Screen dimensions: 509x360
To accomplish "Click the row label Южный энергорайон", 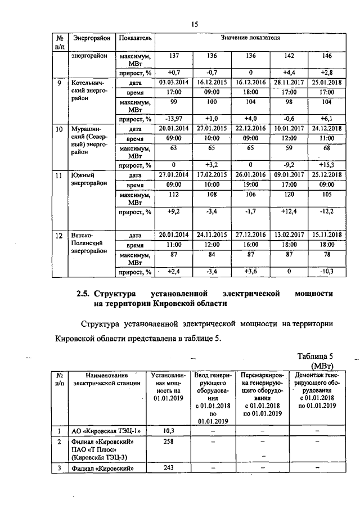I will [x=89, y=180].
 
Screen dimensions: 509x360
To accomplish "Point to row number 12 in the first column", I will [x=60, y=235].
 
